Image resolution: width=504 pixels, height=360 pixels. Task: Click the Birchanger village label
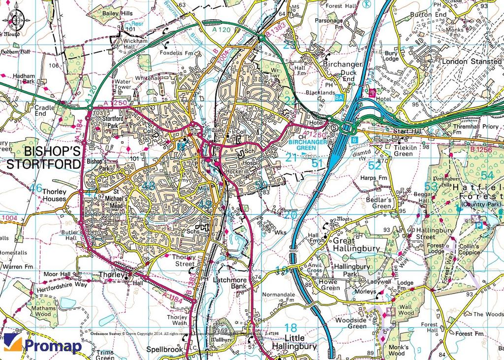[343, 65]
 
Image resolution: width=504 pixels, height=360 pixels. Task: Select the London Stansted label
[472, 62]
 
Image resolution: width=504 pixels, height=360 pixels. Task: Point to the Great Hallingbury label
[356, 245]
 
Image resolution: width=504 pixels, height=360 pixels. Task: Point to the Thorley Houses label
[54, 196]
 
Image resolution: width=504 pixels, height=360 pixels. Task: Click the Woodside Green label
[364, 323]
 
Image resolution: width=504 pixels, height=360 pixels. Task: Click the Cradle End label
[44, 111]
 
